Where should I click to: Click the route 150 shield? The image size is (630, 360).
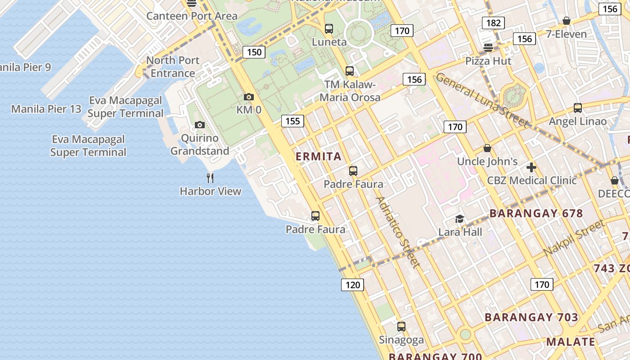254,52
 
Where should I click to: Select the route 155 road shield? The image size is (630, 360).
292,121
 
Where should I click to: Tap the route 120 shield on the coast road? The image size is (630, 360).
352,284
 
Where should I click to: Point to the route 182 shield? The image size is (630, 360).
493,23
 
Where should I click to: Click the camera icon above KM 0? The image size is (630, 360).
248,97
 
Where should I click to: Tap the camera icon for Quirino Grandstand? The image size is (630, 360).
200,125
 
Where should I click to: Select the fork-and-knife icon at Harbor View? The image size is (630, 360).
210,178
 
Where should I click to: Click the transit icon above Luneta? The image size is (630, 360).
329,29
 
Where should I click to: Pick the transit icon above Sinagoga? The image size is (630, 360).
401,327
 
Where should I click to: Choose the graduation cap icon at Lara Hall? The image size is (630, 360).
459,219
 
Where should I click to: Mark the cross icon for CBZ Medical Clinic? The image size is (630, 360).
531,167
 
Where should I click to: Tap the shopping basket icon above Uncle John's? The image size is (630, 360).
487,148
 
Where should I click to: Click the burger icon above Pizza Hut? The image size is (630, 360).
488,47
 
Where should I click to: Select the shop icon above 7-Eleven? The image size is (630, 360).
566,21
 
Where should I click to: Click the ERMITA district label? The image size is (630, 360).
319,157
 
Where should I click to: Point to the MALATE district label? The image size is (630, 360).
571,342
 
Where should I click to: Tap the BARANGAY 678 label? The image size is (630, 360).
536,213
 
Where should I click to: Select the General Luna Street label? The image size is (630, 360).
481,100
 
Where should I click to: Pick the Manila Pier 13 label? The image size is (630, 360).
46,109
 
